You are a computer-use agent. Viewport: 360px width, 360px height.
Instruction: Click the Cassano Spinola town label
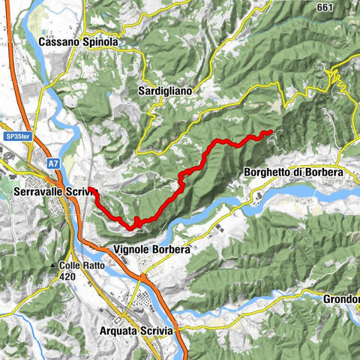click(x=78, y=43)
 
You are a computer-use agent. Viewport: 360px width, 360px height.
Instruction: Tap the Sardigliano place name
click(x=165, y=91)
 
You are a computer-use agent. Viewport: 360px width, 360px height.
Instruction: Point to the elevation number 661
click(x=324, y=7)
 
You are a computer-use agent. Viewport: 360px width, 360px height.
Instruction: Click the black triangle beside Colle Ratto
click(x=53, y=265)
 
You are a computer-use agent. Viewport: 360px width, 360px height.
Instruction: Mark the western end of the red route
click(x=89, y=188)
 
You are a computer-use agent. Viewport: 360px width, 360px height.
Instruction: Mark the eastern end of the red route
click(x=271, y=132)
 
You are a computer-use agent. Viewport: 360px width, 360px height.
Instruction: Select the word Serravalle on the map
click(x=38, y=192)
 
